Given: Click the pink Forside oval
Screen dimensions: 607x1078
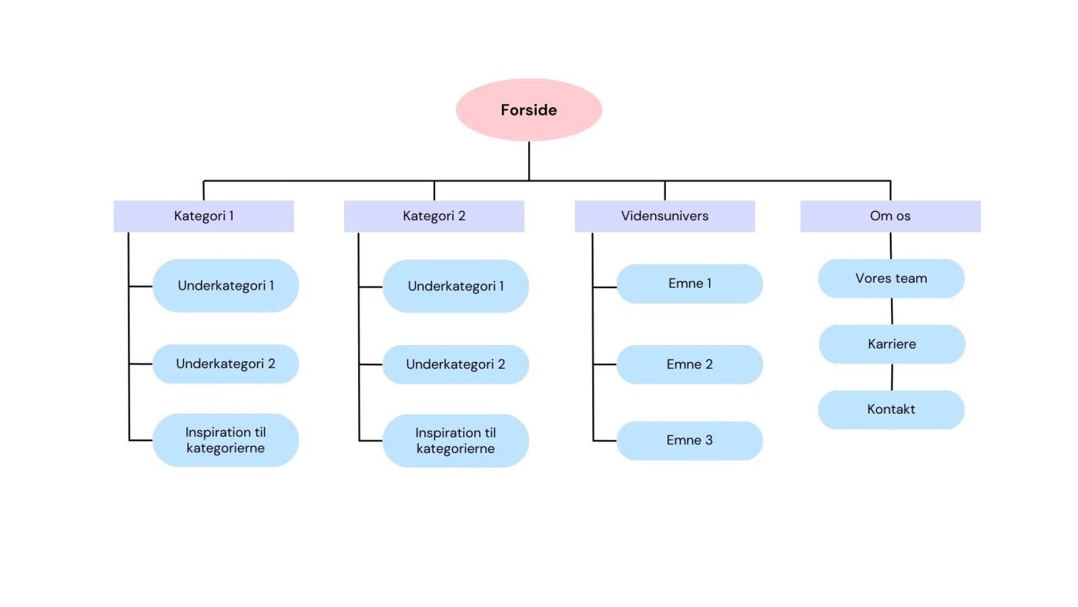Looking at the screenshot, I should tap(528, 109).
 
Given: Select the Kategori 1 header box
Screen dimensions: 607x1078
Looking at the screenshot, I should tap(203, 216).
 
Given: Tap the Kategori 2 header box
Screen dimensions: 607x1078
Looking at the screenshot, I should tap(434, 216).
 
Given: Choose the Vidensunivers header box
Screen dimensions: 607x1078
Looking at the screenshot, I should tap(665, 216).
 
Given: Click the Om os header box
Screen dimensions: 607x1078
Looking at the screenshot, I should tap(890, 216).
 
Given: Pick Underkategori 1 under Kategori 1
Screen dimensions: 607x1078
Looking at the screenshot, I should tap(226, 286).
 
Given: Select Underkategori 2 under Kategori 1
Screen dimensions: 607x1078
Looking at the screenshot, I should tap(226, 364).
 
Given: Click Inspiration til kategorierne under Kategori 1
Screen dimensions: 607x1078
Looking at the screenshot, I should tap(226, 440).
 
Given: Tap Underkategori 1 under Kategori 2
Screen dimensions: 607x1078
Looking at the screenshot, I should tap(456, 286).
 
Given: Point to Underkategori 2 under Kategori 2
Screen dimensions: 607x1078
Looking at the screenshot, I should tap(456, 364).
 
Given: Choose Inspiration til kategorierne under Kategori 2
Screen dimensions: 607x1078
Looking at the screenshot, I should tap(456, 441).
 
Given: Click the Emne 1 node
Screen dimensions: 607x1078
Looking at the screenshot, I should tap(690, 283).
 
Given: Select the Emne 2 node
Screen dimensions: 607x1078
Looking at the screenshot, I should tap(690, 364).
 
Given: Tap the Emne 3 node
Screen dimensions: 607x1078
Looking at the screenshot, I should tap(690, 441).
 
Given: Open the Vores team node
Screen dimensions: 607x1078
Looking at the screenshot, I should tap(891, 278).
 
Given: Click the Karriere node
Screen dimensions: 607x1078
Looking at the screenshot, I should tap(892, 344).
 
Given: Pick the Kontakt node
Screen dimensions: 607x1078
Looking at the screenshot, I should tap(891, 409).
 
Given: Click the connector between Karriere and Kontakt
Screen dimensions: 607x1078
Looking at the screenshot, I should tap(892, 377).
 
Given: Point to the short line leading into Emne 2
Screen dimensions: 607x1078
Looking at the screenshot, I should tap(604, 365).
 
